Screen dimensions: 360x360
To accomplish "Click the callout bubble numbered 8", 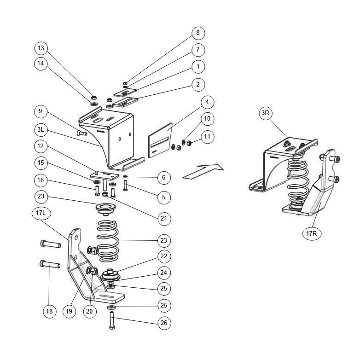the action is [x=198, y=33].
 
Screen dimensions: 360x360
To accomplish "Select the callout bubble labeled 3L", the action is [x=41, y=130].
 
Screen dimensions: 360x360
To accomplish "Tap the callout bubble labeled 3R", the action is [x=265, y=113].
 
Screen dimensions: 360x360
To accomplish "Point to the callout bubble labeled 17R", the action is [x=312, y=233].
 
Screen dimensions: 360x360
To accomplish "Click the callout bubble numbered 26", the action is [x=164, y=323].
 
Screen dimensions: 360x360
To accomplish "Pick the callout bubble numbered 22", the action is [x=164, y=256].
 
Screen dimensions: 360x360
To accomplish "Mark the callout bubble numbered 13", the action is [x=41, y=48].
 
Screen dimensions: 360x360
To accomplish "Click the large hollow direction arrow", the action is [x=203, y=171].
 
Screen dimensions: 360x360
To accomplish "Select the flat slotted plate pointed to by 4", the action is [x=160, y=140].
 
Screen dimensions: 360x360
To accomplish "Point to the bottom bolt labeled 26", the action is [x=112, y=321].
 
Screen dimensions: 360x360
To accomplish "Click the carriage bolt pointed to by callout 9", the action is [x=82, y=133].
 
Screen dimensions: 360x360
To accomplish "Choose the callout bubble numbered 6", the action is [x=164, y=177].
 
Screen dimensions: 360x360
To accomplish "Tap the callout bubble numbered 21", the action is [x=164, y=218].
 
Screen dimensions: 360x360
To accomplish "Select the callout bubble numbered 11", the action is [x=207, y=137].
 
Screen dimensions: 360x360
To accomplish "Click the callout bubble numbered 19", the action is [x=69, y=311].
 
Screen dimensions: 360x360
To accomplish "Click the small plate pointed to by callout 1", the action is [x=125, y=92].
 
